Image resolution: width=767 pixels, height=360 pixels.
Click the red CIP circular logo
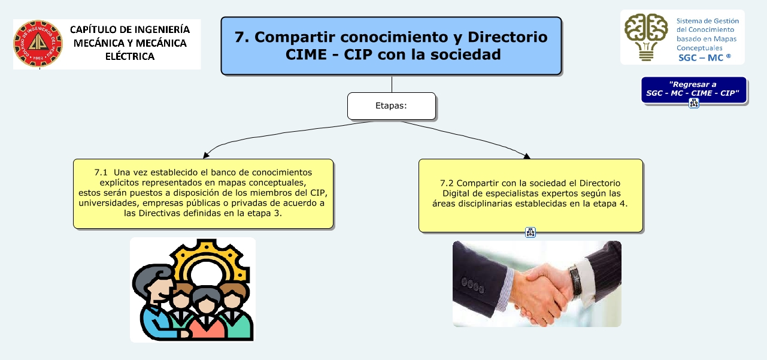coord(38,43)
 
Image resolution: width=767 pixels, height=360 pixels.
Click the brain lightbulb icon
coord(646,37)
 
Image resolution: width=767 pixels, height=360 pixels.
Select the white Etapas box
coord(392,106)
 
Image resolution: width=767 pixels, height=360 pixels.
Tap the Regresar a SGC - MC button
coord(694,89)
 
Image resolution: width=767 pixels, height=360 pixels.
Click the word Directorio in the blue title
coord(508,37)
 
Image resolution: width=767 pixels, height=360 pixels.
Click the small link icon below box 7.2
coord(530,232)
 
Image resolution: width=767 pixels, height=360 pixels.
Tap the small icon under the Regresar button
coord(694,103)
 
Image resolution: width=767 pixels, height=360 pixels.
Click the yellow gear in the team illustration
coord(209,261)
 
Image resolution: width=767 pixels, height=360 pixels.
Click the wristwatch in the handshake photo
coord(575,281)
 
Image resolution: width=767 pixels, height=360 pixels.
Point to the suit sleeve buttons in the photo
coord(473,285)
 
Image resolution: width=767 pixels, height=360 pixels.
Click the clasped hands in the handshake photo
coord(541,295)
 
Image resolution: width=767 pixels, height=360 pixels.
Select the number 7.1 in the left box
coord(101,173)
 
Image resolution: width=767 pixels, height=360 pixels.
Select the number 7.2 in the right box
coord(447,183)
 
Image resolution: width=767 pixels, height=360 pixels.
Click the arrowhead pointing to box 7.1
coord(205,155)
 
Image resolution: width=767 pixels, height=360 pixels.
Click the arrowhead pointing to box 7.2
coord(527,156)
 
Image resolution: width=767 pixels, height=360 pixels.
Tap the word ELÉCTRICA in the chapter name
coord(130,56)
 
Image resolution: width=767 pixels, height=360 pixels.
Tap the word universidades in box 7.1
coord(108,203)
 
